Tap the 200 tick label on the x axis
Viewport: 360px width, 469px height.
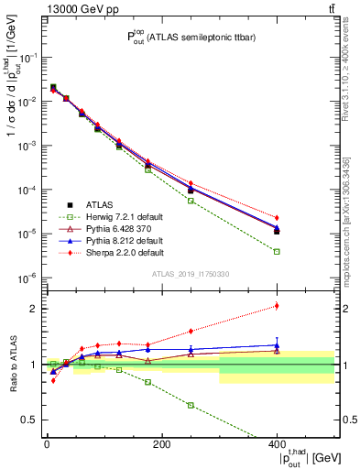[161, 444]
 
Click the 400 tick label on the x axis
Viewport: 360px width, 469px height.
[277, 444]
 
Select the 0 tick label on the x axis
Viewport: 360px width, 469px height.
[47, 444]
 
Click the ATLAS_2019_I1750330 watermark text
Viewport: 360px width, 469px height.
[188, 272]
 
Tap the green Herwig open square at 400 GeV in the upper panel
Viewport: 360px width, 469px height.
[277, 251]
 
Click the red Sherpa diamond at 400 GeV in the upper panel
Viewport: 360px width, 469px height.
[277, 218]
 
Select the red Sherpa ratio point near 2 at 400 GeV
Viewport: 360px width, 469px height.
[277, 306]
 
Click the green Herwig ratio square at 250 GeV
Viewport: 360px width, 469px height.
[191, 405]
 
